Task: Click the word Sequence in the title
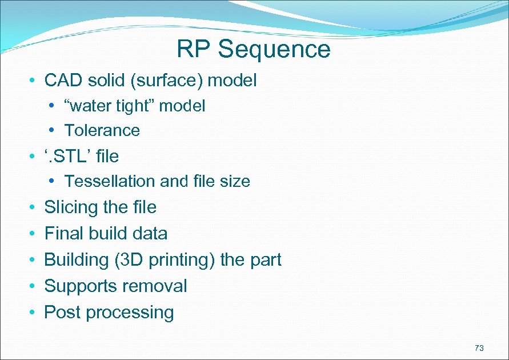coord(274,49)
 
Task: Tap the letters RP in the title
coord(195,49)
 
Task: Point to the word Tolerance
coord(102,130)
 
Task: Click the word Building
coord(77,259)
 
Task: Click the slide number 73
coord(479,348)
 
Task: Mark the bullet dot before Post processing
coord(34,313)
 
